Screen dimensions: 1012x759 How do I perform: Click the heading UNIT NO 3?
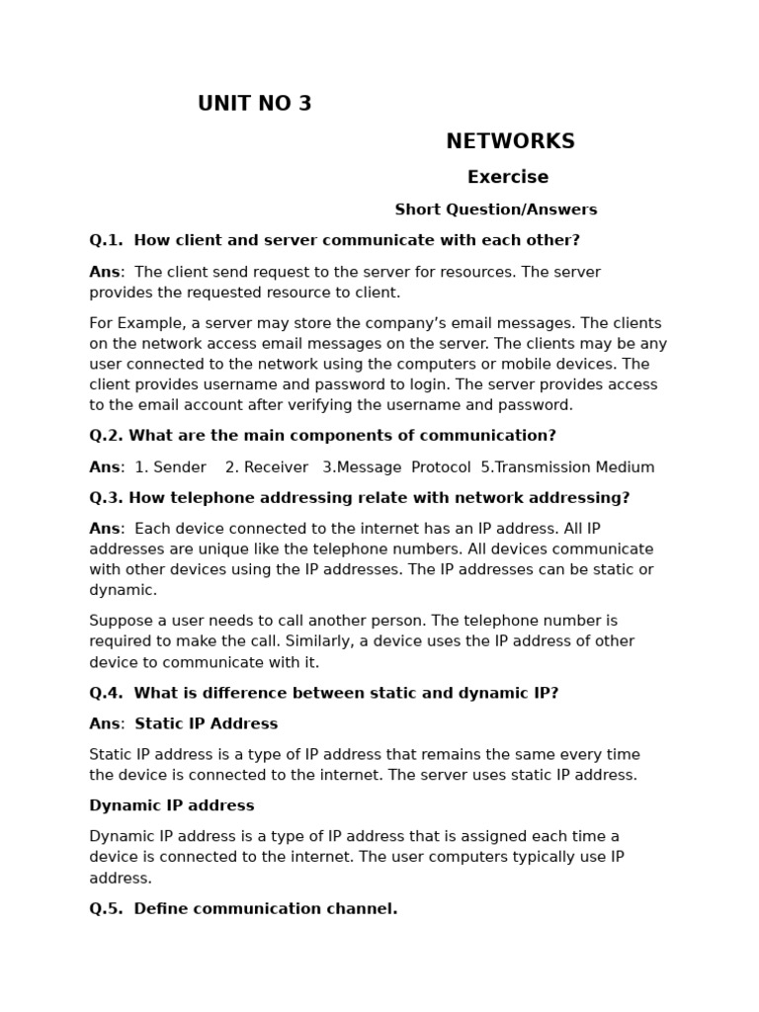click(x=254, y=104)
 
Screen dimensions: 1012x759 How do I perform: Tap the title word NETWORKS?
click(x=510, y=141)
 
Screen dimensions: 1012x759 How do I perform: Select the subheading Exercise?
click(x=508, y=177)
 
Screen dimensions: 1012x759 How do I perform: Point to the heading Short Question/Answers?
click(x=496, y=210)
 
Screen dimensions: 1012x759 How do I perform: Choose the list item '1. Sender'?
click(x=170, y=467)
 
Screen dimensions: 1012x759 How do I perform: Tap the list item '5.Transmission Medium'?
click(x=567, y=467)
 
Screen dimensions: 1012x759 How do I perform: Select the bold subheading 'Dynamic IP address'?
click(x=172, y=805)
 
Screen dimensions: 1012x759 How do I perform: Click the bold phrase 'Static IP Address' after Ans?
click(x=206, y=724)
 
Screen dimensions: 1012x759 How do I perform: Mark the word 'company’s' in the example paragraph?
click(x=373, y=323)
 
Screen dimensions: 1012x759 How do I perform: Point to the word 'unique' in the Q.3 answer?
click(x=194, y=549)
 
